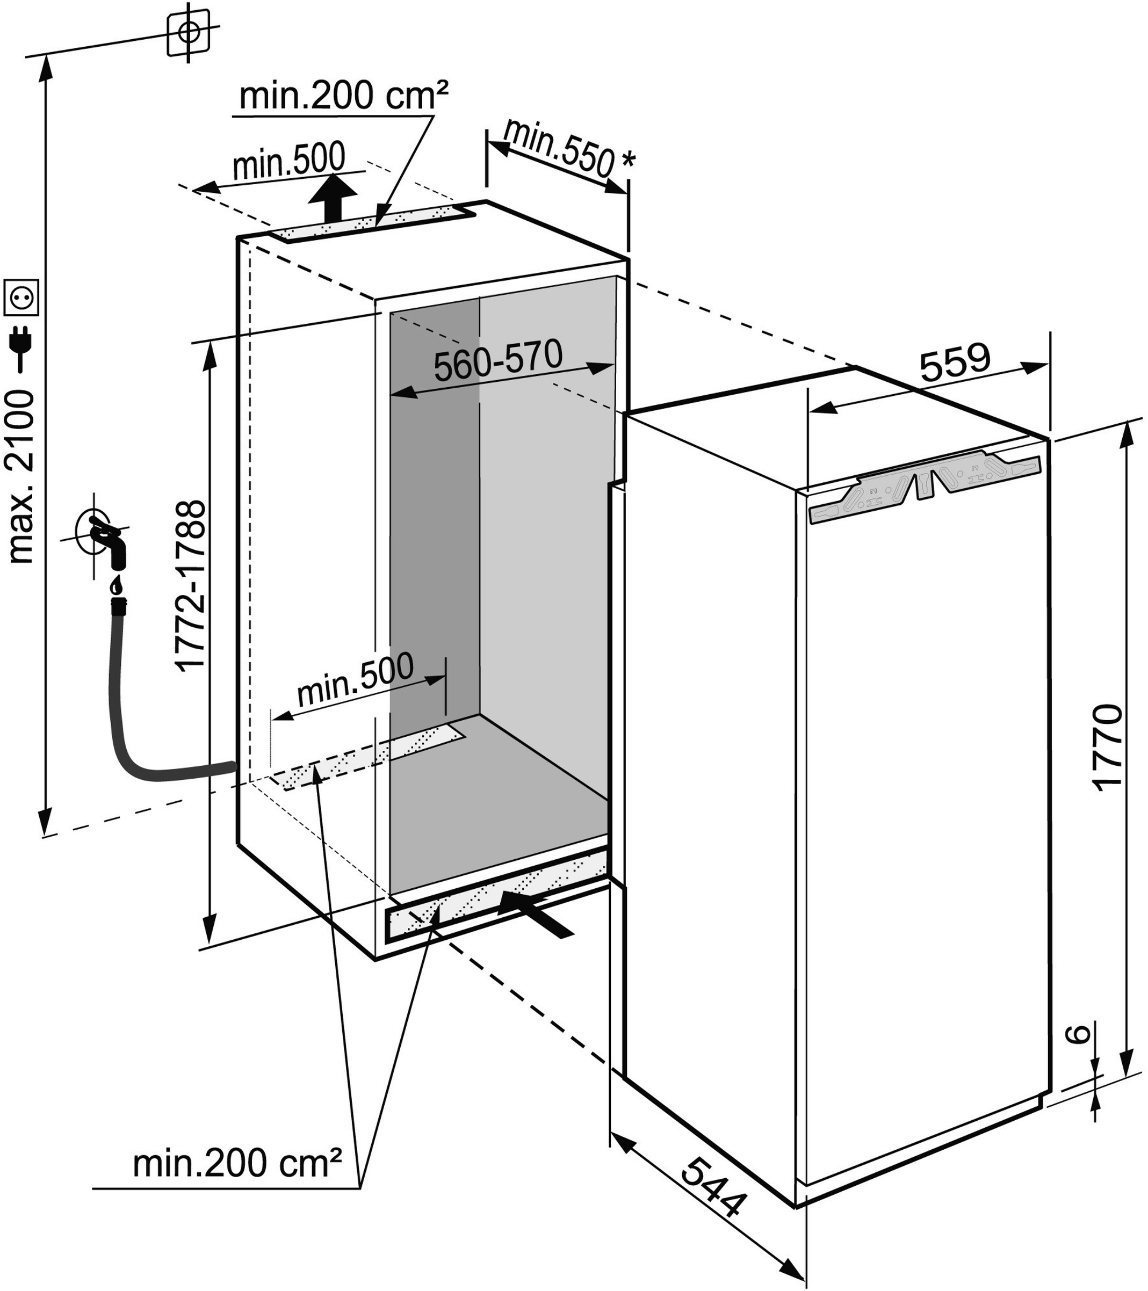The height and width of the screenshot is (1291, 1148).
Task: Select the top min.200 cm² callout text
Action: coord(344,96)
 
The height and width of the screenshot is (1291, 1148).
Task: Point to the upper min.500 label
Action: coord(290,161)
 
